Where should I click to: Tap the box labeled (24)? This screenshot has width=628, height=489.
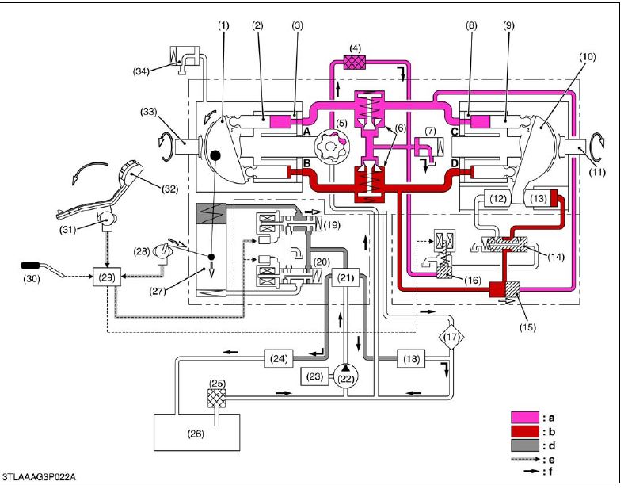(279, 359)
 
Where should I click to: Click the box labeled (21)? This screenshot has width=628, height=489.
(346, 277)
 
